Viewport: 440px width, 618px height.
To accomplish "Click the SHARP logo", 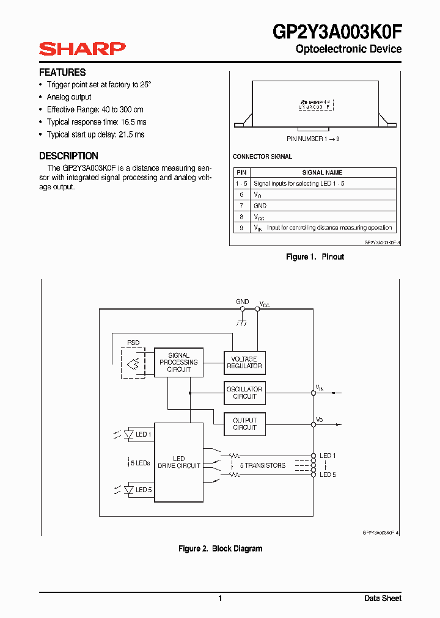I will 82,49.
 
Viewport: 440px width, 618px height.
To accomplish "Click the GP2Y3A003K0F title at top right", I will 337,31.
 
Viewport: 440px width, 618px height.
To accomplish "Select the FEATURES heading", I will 62,72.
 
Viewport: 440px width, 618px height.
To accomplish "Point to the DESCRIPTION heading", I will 68,156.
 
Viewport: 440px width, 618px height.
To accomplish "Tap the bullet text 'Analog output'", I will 69,97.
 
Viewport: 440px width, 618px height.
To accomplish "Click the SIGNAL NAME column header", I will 322,172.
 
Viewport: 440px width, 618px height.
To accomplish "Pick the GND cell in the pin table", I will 260,206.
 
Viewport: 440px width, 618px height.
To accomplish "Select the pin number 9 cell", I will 241,228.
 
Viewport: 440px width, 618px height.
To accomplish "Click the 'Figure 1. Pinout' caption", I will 315,257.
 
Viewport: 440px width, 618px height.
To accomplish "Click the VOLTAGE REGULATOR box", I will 244,363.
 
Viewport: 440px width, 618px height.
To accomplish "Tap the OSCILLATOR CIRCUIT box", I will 244,393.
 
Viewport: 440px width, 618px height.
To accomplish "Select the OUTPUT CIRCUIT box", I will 244,424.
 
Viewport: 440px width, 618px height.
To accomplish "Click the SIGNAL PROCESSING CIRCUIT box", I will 178,363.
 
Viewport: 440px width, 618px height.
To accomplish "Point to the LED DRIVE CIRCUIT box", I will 178,462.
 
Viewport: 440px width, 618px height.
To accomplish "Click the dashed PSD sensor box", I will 133,363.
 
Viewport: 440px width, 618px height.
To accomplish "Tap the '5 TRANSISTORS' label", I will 262,465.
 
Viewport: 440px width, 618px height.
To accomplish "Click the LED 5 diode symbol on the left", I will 129,490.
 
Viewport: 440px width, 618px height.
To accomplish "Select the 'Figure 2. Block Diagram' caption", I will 220,549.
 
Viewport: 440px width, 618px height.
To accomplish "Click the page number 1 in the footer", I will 220,598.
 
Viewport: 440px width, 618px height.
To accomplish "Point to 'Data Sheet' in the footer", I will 383,598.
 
